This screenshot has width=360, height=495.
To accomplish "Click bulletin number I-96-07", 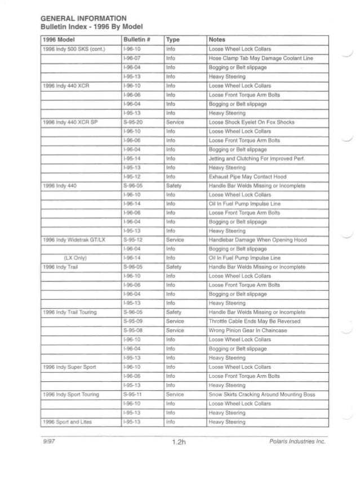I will pos(131,58).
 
